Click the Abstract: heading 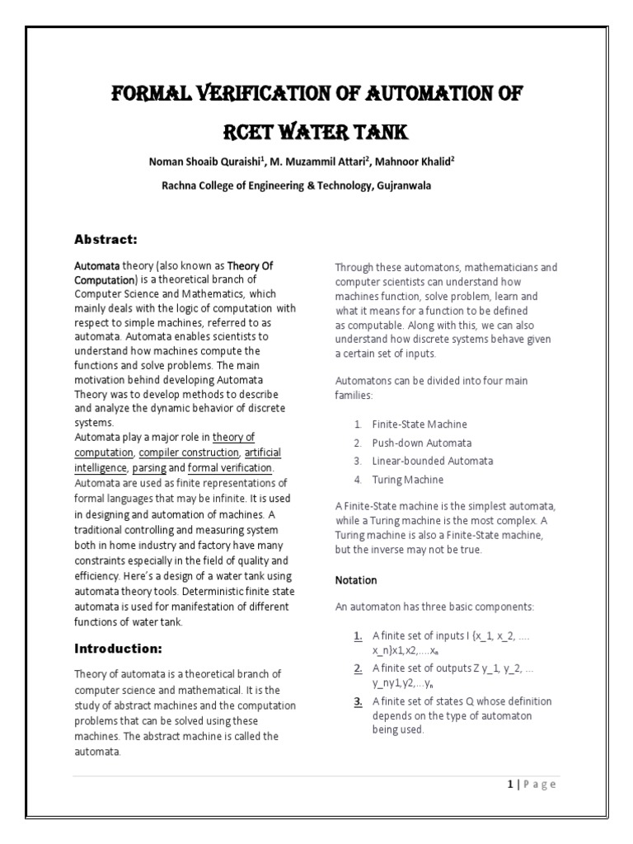pos(105,239)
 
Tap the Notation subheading pos(356,580)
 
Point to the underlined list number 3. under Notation pos(359,701)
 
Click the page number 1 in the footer pos(510,784)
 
